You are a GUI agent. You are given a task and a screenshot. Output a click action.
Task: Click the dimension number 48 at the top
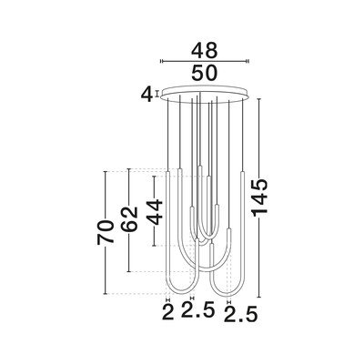tap(204, 50)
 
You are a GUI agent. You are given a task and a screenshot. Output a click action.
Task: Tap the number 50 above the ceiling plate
tap(204, 73)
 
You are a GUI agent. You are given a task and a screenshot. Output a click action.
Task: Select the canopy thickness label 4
tap(147, 95)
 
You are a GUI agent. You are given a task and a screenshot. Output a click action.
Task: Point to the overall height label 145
tap(260, 197)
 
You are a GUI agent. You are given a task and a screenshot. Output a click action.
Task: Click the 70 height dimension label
tap(106, 233)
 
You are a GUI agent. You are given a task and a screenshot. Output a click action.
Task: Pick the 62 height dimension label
tap(129, 219)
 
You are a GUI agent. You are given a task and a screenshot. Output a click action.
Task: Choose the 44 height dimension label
tap(155, 212)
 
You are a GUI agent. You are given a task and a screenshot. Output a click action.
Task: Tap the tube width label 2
tap(168, 312)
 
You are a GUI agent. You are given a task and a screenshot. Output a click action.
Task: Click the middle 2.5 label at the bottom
tap(198, 309)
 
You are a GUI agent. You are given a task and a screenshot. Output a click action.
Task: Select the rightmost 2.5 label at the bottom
tap(240, 314)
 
